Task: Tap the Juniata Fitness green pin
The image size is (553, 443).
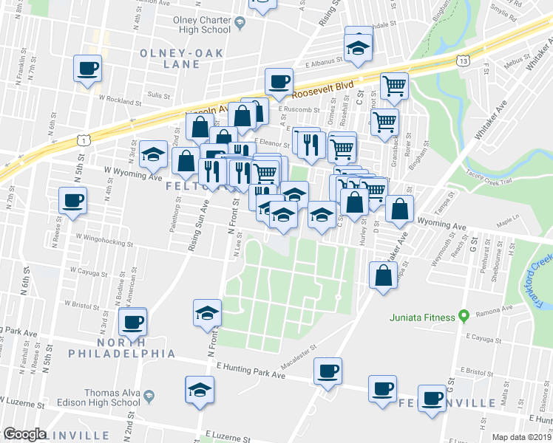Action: click(x=464, y=317)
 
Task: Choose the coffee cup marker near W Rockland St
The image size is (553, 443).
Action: click(x=87, y=69)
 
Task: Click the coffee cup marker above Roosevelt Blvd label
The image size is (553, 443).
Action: click(x=279, y=80)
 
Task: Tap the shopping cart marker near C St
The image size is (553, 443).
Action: click(x=394, y=86)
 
